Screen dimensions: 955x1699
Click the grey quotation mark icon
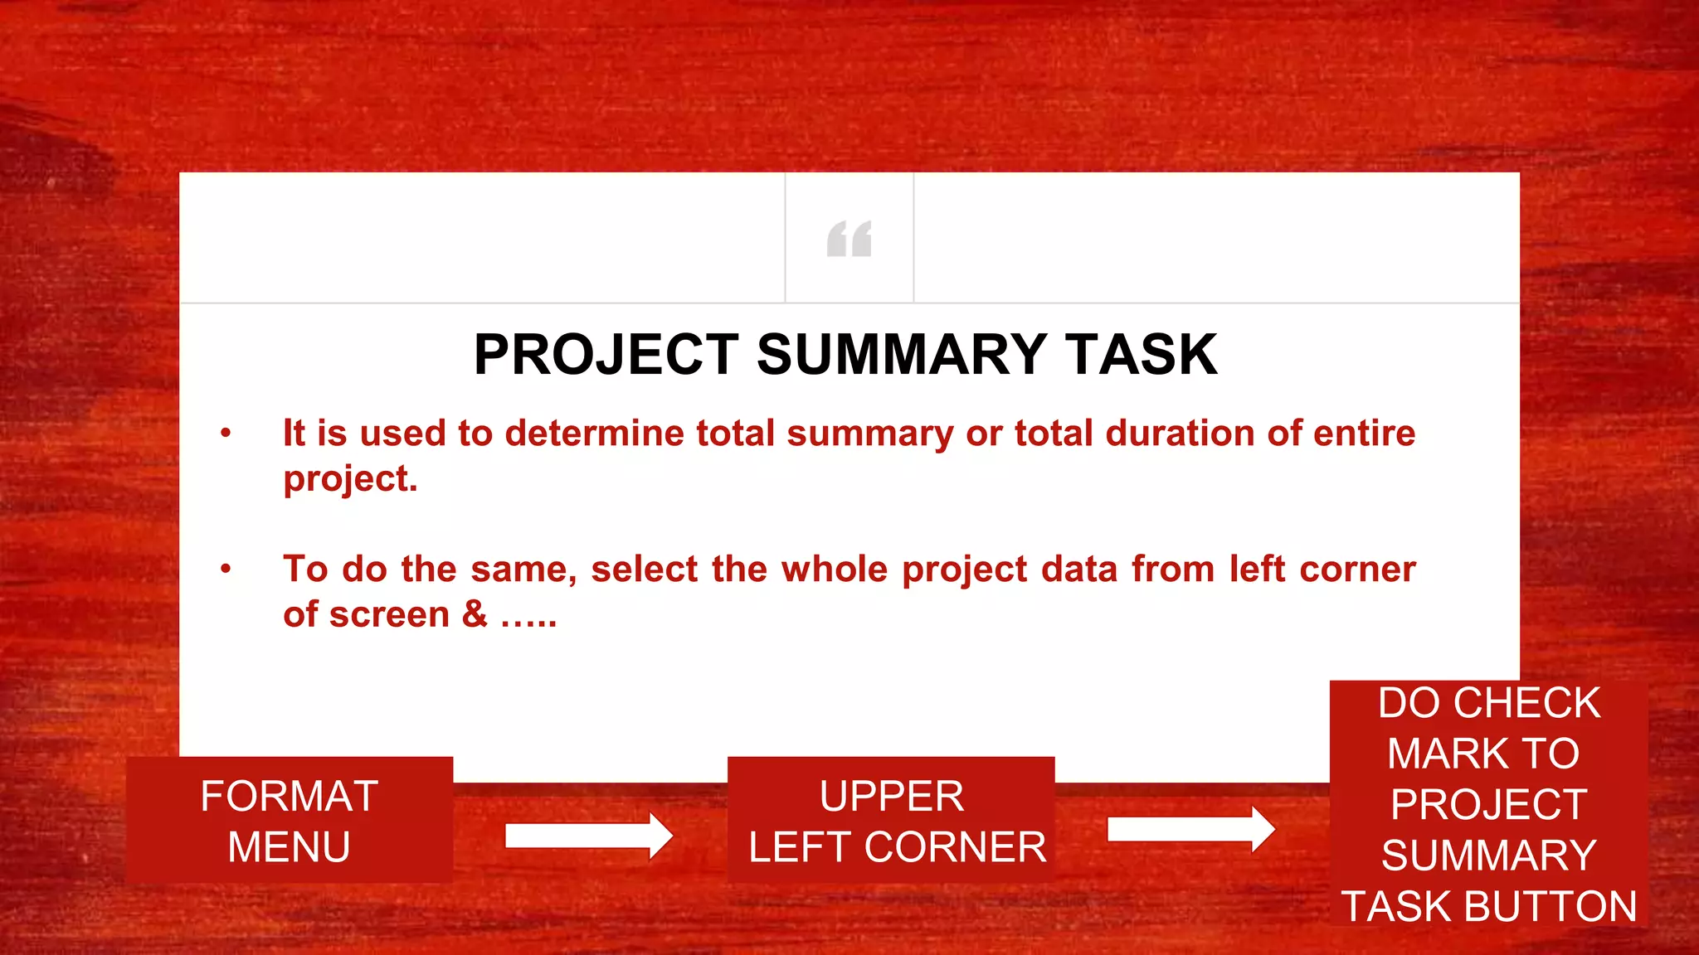point(849,239)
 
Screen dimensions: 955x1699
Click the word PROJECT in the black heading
point(606,355)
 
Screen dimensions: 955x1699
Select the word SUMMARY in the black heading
point(901,355)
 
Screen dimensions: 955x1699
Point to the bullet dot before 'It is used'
point(226,433)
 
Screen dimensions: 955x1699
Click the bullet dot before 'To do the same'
point(226,569)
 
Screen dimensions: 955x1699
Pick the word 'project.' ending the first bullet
point(350,480)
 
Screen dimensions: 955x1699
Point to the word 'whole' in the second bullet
point(834,570)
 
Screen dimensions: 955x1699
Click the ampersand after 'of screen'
point(475,615)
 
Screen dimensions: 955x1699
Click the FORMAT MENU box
point(290,820)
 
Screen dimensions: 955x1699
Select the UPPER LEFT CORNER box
point(891,820)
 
